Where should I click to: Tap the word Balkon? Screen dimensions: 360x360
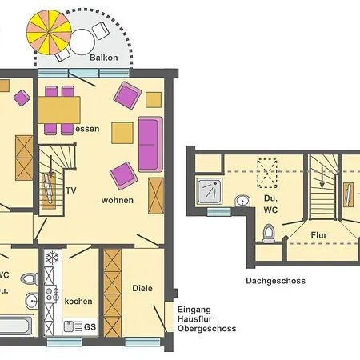(105, 58)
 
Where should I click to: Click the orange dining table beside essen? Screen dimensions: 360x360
(59, 107)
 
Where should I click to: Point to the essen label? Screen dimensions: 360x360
(88, 128)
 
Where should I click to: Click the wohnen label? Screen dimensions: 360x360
(118, 200)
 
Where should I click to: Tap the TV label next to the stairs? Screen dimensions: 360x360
(71, 190)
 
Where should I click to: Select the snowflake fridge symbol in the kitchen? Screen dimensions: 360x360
(52, 258)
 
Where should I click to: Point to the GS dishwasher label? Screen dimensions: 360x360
(90, 326)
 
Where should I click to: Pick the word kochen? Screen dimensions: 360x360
(78, 302)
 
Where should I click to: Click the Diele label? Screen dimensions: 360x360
(142, 289)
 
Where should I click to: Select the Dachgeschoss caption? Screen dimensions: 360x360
(275, 281)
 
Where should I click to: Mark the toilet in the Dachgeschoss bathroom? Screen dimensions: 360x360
(270, 233)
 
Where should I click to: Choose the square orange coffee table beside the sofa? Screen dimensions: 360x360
(122, 130)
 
